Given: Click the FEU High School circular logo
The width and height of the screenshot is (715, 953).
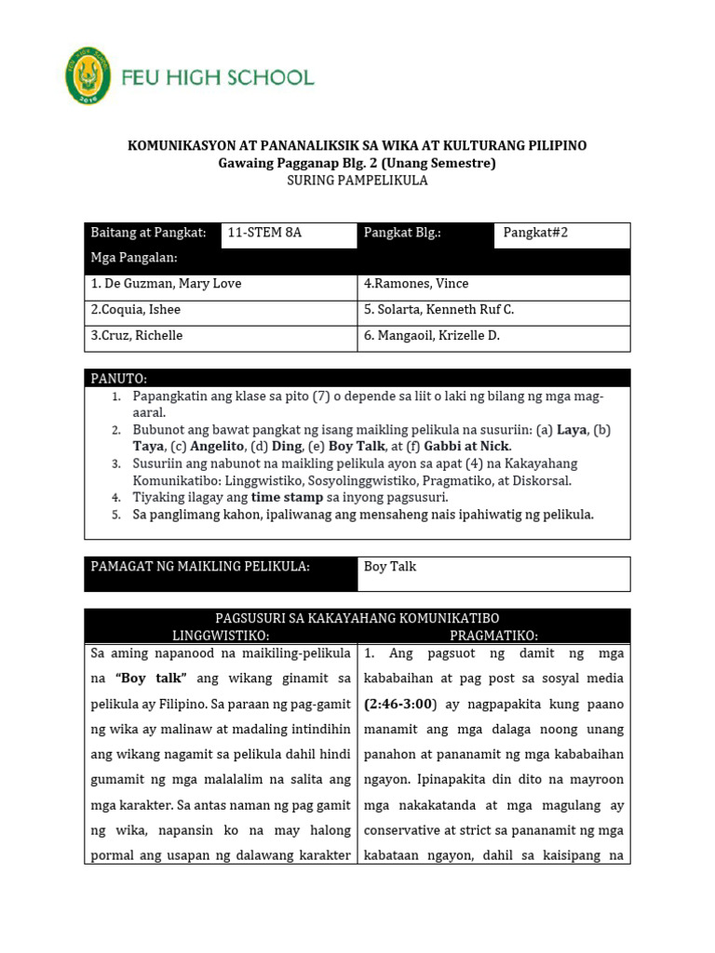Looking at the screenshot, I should (88, 76).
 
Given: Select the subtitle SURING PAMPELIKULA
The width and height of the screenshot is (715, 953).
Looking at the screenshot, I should (357, 181).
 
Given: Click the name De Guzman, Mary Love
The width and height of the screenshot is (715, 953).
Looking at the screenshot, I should (166, 284).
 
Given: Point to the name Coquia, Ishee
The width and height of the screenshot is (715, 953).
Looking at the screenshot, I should (136, 310).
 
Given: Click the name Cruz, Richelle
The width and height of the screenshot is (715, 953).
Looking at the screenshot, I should (137, 336).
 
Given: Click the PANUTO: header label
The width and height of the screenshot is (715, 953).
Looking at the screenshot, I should (119, 379).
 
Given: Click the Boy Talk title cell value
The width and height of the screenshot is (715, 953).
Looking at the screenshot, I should (390, 566).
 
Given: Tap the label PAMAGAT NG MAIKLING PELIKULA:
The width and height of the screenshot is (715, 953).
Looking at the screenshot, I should (199, 566).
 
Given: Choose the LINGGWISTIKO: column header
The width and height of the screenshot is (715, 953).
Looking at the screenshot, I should (221, 635).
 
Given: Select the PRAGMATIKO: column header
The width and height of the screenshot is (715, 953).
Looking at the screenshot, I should (493, 635).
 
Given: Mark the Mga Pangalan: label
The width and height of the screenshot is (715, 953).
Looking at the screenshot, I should (134, 258).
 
